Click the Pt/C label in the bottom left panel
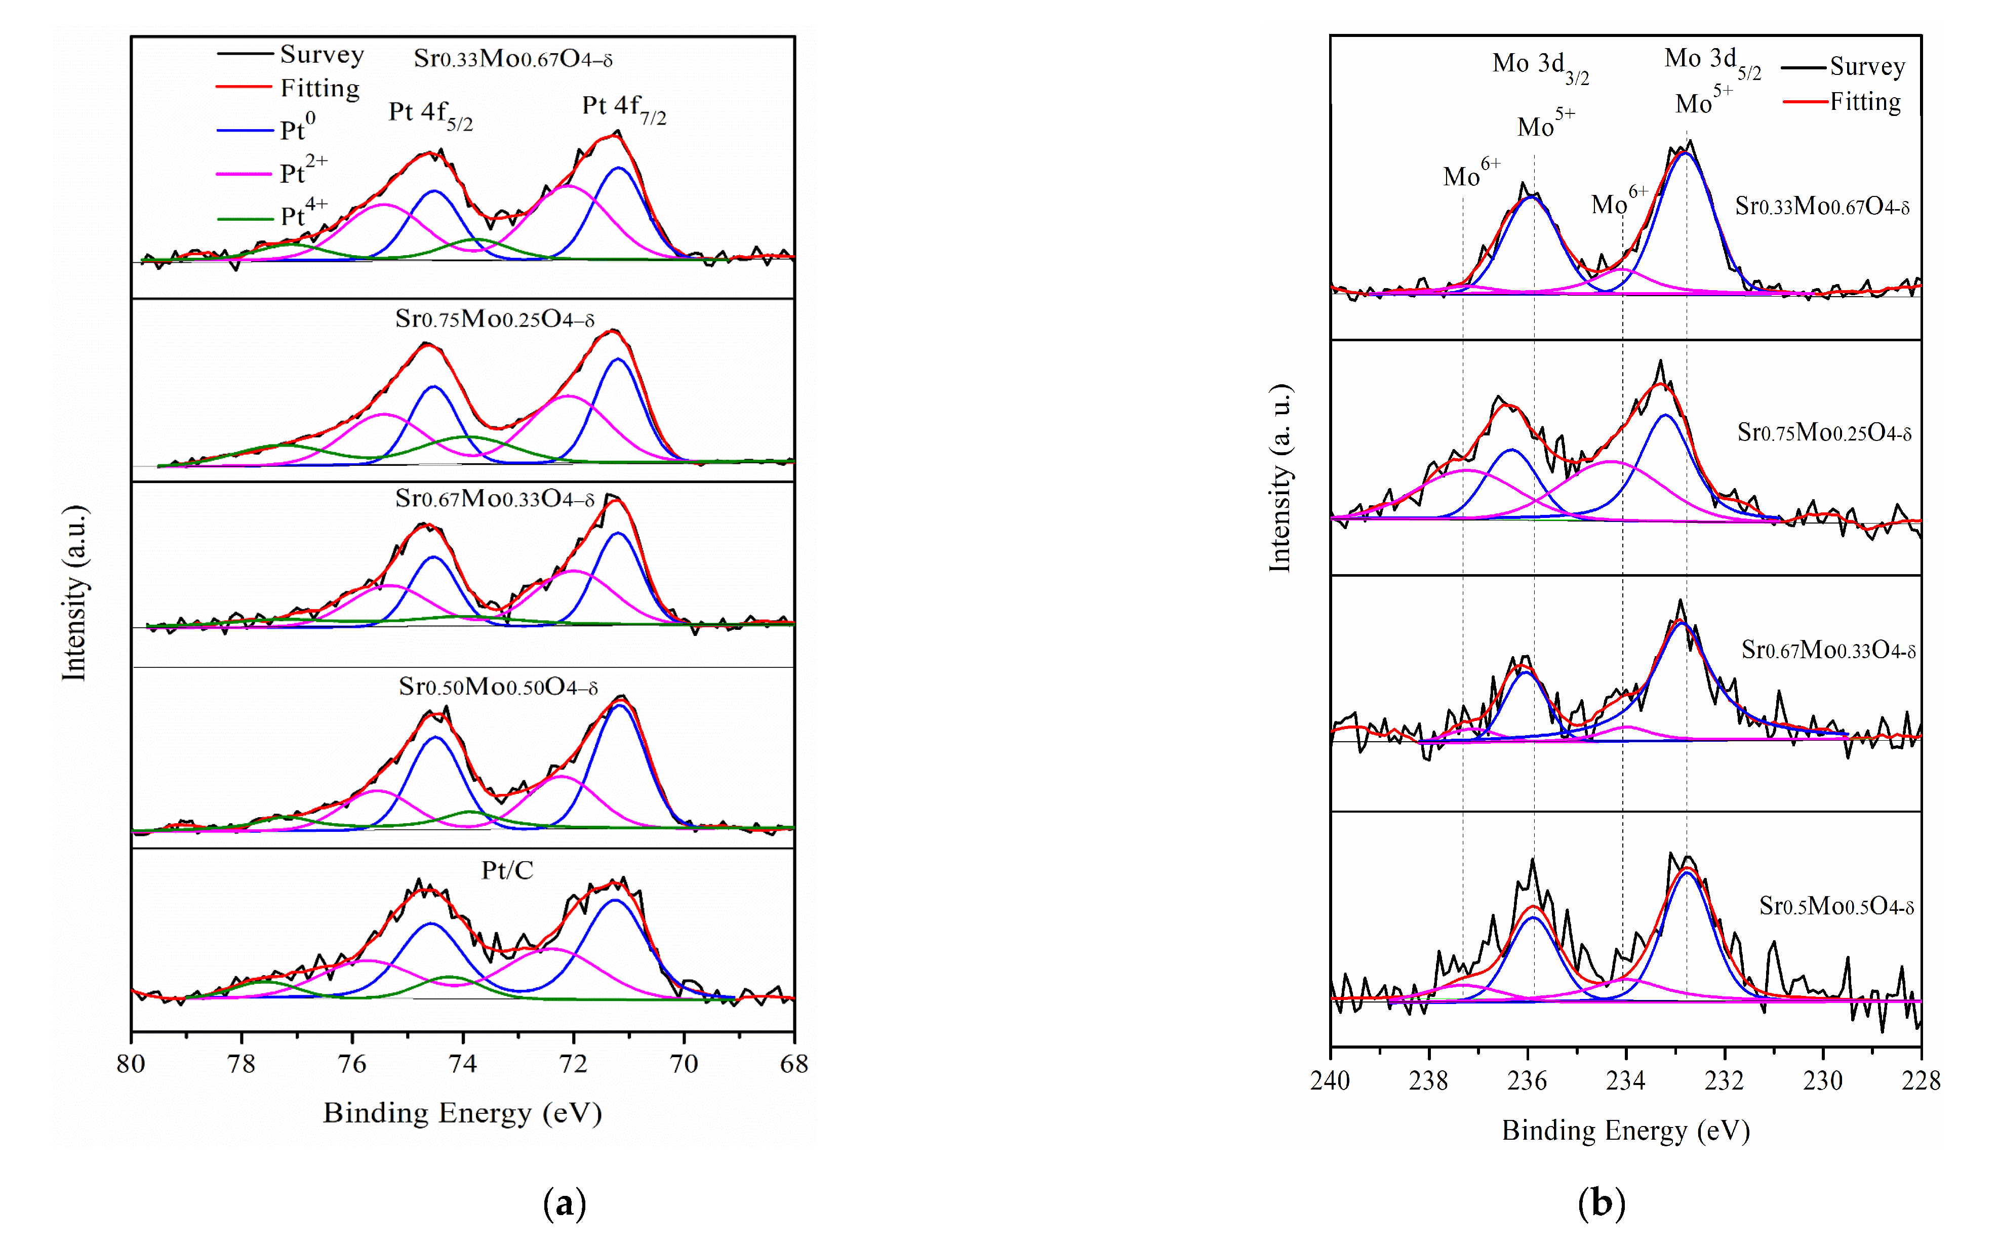point(507,870)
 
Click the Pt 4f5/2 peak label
point(430,113)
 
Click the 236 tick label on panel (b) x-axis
point(1527,1081)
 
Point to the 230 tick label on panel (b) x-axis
point(1823,1081)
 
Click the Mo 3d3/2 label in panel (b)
point(1540,66)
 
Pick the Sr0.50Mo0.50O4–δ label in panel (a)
point(498,687)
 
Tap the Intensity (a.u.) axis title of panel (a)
point(74,593)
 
